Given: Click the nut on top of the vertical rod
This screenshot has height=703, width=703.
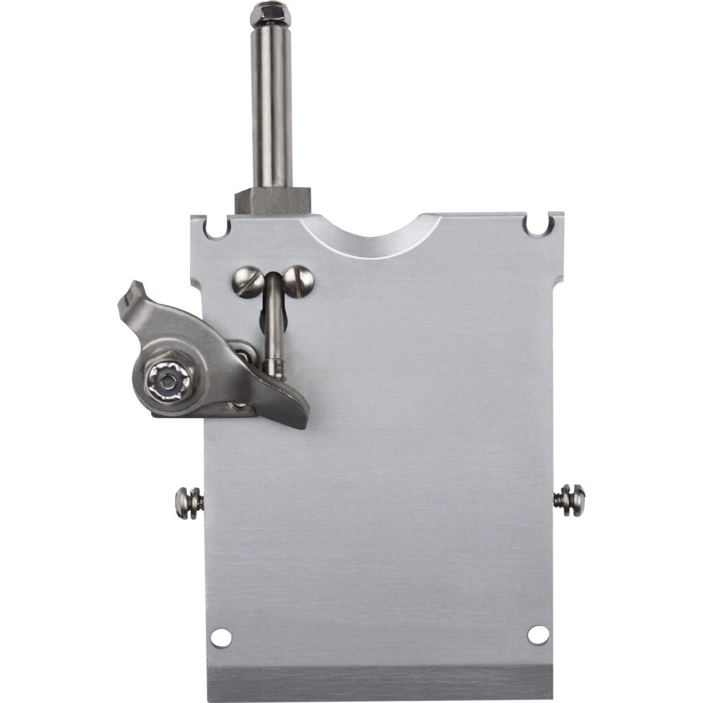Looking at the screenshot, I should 270,12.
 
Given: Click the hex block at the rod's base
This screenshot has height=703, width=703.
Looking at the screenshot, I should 273,200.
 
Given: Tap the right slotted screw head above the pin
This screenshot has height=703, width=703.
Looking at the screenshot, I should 299,280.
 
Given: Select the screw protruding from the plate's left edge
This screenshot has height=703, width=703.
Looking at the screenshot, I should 188,503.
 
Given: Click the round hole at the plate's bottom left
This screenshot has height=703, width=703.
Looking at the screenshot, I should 220,637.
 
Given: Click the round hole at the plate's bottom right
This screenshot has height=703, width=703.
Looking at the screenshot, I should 538,635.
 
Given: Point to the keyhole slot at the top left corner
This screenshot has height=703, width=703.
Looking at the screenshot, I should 216,227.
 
